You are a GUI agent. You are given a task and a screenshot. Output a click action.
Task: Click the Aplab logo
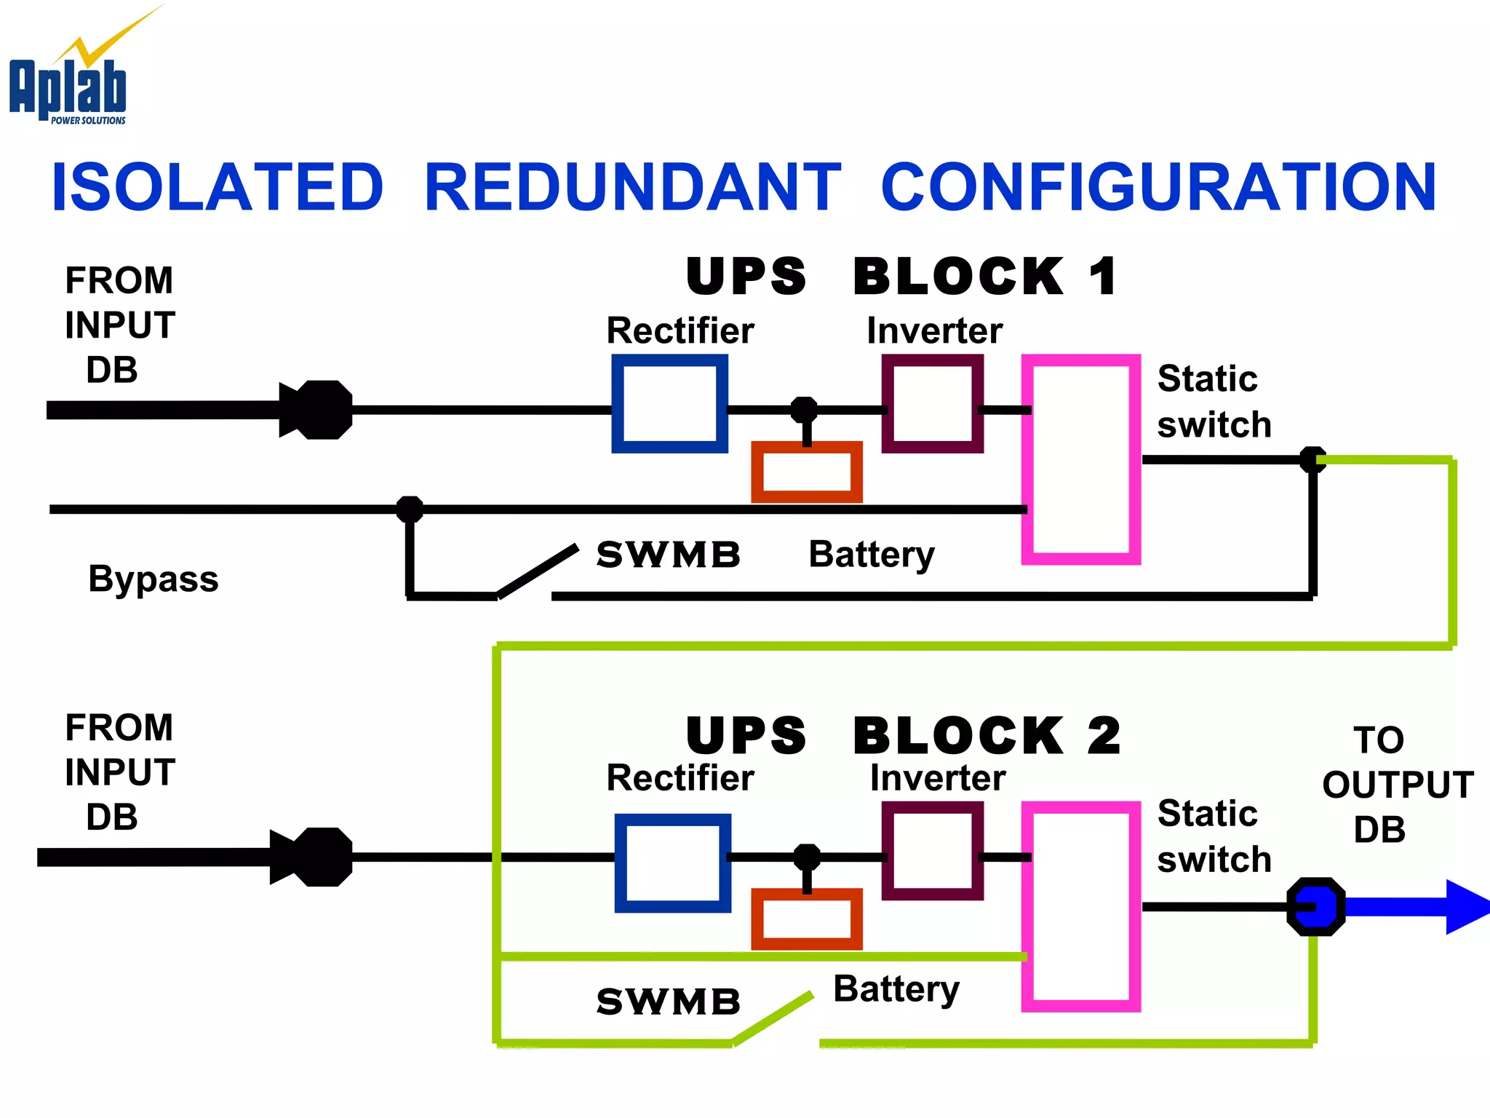click(x=69, y=80)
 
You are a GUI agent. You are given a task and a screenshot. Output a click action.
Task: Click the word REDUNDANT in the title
click(x=632, y=188)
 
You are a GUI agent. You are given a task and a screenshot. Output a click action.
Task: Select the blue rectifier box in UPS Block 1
click(x=669, y=404)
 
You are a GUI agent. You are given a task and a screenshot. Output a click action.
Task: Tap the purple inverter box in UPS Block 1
click(x=932, y=404)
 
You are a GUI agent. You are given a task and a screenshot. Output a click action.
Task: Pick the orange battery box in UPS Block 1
click(x=806, y=472)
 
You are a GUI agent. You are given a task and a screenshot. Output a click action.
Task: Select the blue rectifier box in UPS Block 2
click(x=672, y=863)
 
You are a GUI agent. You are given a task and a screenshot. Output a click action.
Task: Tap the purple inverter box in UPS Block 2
click(x=932, y=851)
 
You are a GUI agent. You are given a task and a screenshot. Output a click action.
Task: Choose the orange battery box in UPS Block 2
click(x=806, y=919)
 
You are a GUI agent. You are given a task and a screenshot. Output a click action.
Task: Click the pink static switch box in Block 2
click(x=1080, y=907)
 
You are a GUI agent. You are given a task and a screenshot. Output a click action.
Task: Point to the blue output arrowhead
click(x=1466, y=907)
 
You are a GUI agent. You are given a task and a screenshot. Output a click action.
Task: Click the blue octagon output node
click(x=1315, y=907)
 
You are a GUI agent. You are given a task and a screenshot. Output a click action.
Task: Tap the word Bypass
click(x=153, y=579)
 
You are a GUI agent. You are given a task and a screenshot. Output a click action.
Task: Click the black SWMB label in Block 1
click(x=668, y=555)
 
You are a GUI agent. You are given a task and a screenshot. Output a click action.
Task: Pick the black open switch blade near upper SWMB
click(x=538, y=571)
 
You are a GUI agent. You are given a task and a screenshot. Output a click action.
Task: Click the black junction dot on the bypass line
click(x=410, y=509)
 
